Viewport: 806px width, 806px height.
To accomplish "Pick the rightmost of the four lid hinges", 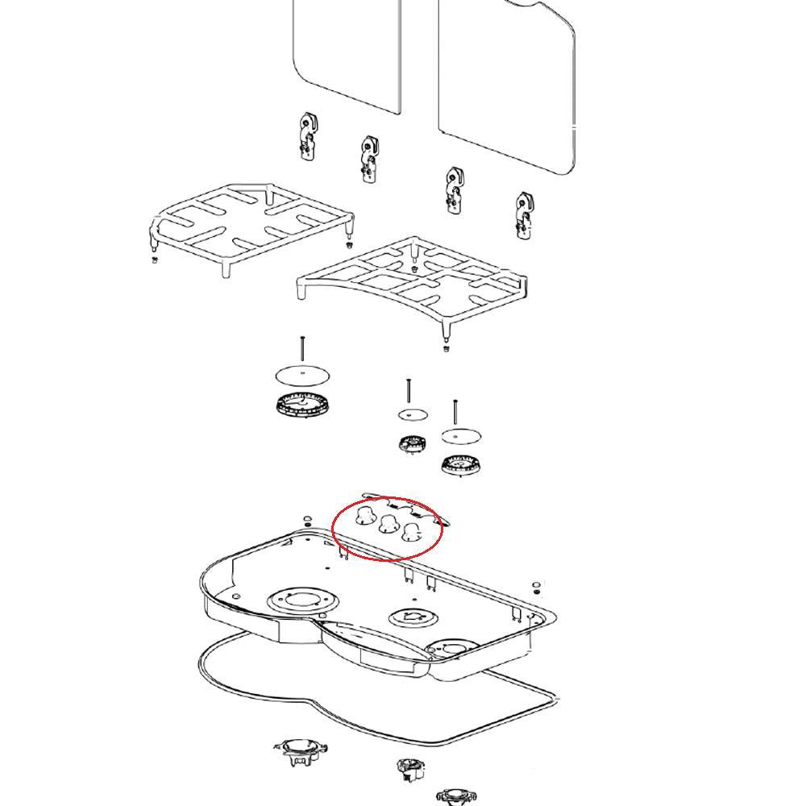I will [x=525, y=215].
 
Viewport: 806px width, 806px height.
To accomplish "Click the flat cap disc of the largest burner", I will [x=303, y=375].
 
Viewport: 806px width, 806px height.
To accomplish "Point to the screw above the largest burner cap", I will [x=302, y=349].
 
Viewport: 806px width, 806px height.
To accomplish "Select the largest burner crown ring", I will [x=303, y=404].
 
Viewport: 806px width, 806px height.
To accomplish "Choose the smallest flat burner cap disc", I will [x=413, y=414].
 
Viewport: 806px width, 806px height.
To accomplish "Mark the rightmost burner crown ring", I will [x=461, y=463].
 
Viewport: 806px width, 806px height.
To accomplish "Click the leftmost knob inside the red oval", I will [x=365, y=515].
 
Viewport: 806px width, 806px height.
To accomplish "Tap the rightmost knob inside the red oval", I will [x=412, y=531].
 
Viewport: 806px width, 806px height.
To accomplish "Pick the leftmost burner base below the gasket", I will [x=301, y=750].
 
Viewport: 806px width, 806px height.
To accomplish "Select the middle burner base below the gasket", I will [x=411, y=769].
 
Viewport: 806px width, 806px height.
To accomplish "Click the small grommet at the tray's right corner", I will [x=536, y=584].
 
